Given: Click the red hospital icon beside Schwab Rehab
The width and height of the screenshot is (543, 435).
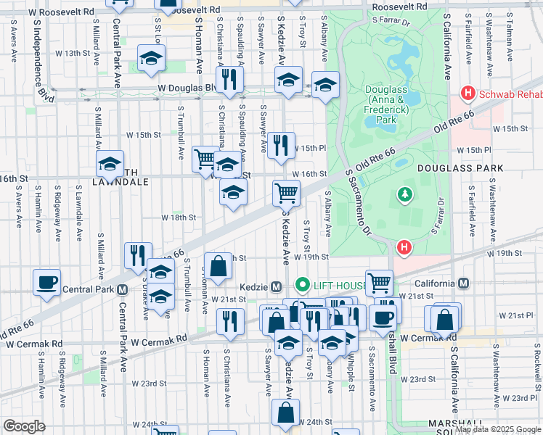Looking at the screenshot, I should (x=468, y=94).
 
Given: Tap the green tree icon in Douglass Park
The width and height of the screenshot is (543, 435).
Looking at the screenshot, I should (x=404, y=194).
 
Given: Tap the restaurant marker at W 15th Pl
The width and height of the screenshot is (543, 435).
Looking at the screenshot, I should (x=280, y=144).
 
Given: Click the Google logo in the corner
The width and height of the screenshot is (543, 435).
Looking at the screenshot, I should (x=24, y=426).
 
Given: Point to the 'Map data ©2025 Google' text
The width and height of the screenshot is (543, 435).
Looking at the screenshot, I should (x=497, y=429).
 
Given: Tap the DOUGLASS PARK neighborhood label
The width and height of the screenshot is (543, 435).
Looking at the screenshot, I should (x=460, y=167).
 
